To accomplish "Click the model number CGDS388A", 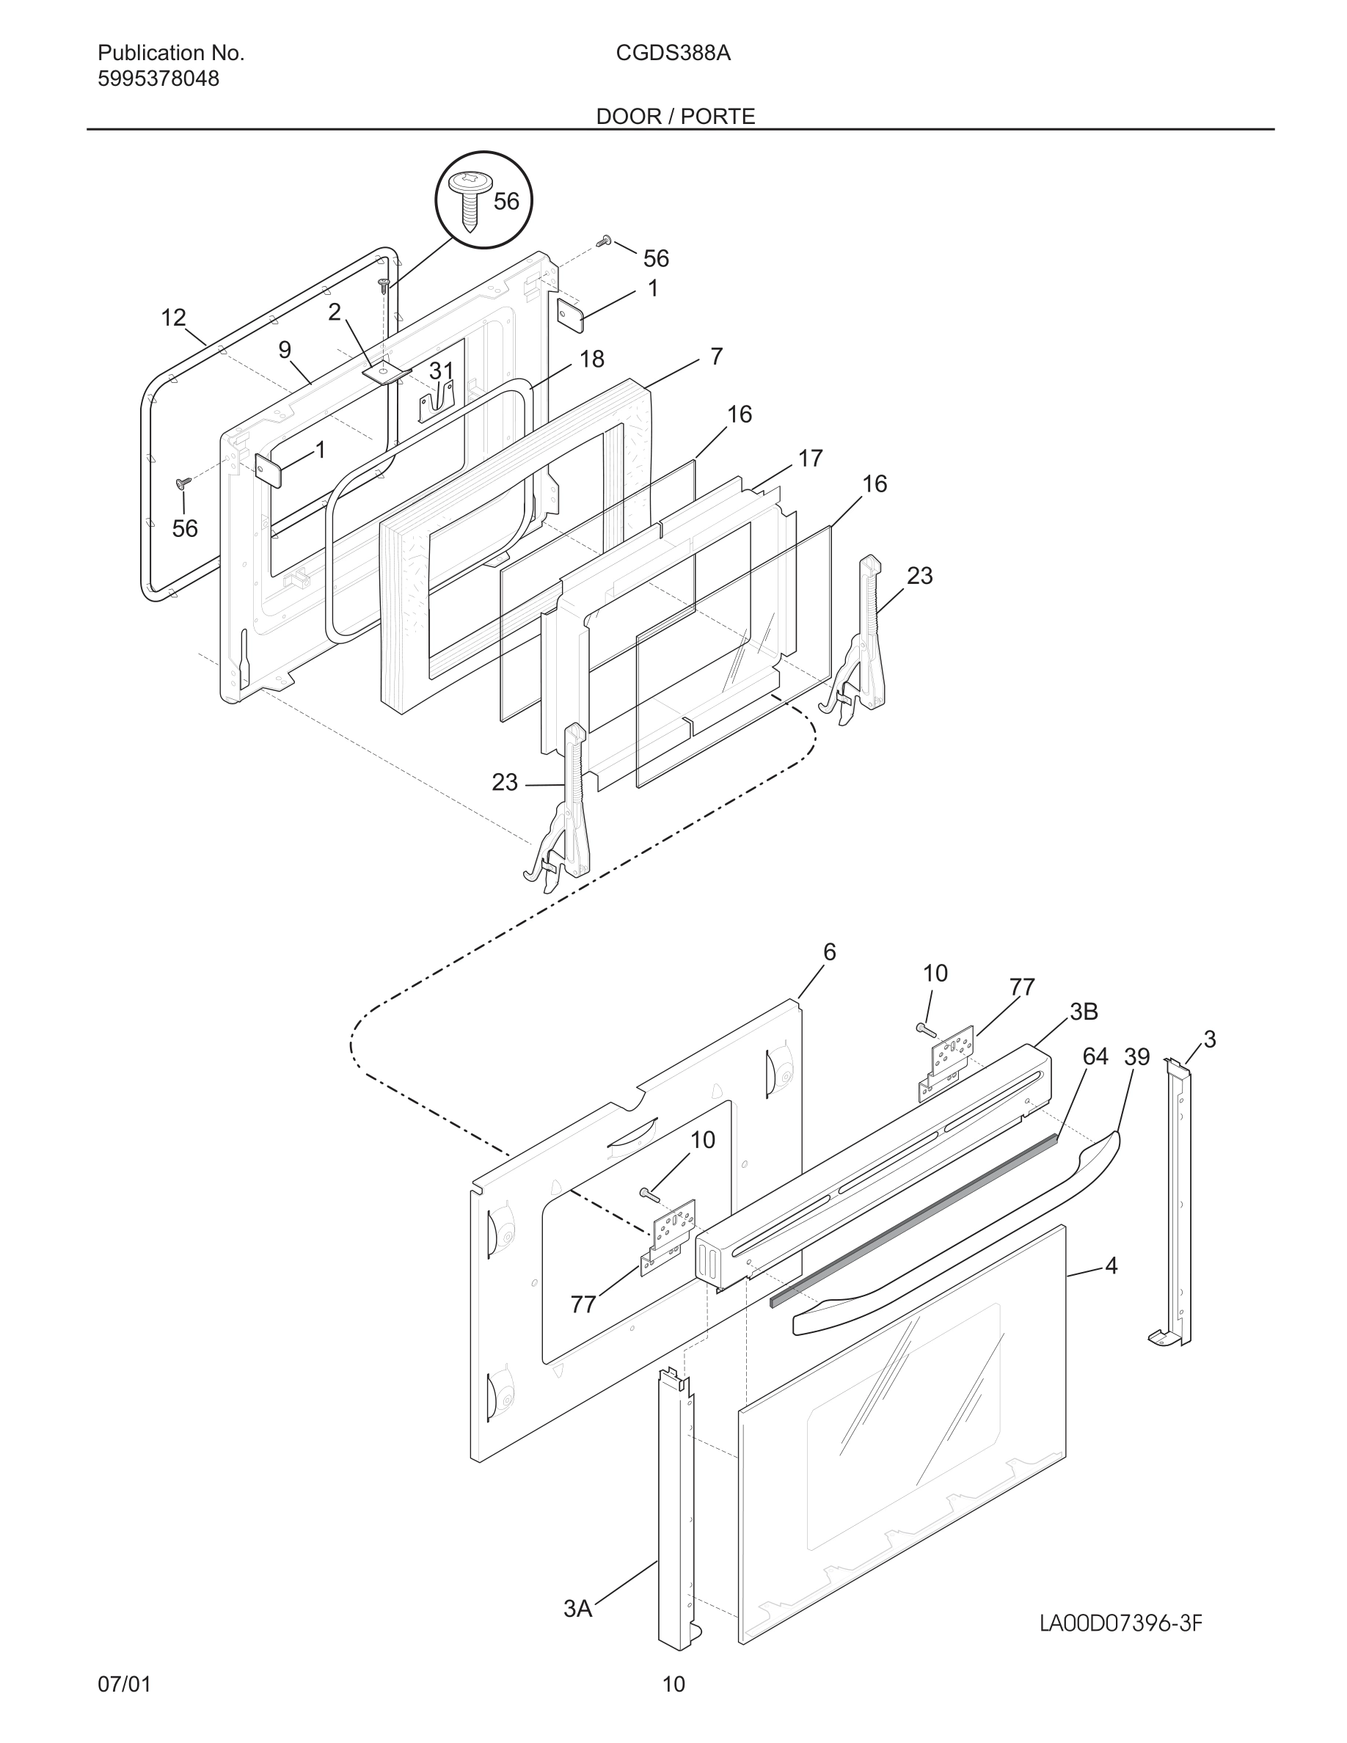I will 673,54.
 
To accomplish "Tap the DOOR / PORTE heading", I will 675,117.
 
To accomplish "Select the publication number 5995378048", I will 158,79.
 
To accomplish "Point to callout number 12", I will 173,318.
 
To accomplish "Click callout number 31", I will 441,371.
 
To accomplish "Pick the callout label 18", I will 591,359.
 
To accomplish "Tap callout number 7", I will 716,356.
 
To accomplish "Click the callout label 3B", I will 1084,1011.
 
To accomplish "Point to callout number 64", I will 1095,1056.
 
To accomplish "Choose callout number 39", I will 1136,1056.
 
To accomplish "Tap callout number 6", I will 829,951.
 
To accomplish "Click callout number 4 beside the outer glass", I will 1111,1265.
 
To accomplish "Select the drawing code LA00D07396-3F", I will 1120,1623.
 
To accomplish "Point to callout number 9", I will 285,350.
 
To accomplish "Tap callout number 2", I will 335,312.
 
